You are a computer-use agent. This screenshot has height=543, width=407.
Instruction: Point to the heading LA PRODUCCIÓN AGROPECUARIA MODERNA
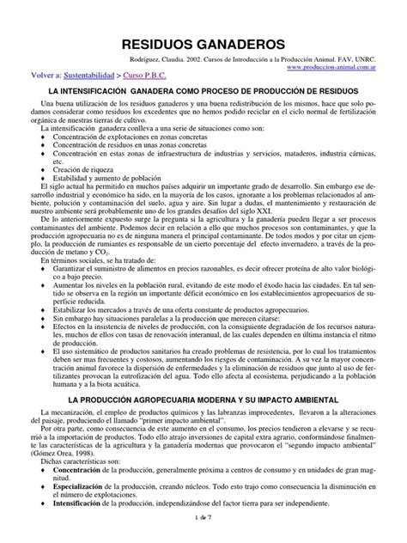click(x=203, y=400)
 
